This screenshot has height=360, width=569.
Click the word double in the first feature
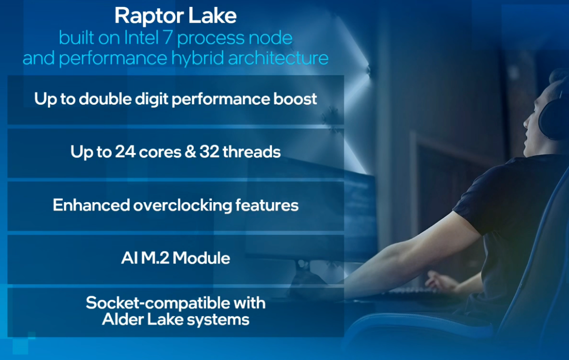coord(110,99)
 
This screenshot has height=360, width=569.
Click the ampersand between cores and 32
coord(189,151)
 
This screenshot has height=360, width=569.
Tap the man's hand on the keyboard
coord(438,281)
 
